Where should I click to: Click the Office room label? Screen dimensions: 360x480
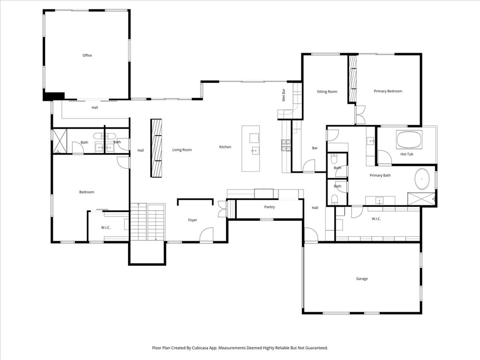point(87,55)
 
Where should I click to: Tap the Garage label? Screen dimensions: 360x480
point(361,279)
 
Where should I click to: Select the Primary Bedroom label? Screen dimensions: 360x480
point(388,91)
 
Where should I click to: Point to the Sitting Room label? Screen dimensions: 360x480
point(327,92)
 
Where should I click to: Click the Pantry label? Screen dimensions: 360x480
point(269,207)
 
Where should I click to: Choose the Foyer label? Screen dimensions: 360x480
point(193,220)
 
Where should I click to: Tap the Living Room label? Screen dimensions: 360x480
point(182,150)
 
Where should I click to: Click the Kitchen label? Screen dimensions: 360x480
point(225,147)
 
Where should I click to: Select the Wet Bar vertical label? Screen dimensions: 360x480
point(284,95)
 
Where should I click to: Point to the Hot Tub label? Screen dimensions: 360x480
point(406,154)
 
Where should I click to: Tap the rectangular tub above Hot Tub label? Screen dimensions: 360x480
point(409,140)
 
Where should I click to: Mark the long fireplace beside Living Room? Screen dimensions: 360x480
point(156,148)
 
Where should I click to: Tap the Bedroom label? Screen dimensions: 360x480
point(87,192)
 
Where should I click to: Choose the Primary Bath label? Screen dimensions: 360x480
point(380,176)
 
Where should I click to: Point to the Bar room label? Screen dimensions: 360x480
point(315,149)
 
